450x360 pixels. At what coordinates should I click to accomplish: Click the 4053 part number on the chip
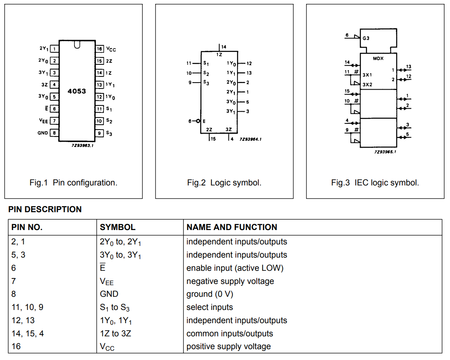point(77,91)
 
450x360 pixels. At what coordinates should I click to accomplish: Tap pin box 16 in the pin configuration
point(100,49)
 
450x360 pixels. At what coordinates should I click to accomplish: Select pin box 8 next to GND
point(54,133)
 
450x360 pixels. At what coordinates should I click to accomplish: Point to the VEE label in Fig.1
point(43,121)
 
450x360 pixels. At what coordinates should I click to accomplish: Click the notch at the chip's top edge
point(77,45)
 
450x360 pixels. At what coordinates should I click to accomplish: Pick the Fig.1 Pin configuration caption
point(73,182)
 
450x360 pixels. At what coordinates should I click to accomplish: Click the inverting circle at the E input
point(198,121)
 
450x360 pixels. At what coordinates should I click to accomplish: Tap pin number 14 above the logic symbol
point(223,47)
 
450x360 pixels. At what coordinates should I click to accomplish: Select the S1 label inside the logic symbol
point(206,63)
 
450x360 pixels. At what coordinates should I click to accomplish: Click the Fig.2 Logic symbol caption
point(224,182)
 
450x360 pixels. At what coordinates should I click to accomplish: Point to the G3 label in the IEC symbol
point(366,38)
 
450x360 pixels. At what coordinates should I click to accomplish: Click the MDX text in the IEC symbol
point(378,58)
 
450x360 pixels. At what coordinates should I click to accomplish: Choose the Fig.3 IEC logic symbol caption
point(375,182)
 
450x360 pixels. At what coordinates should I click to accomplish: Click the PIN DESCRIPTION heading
point(45,209)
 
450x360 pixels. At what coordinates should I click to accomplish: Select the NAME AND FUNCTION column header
point(232,227)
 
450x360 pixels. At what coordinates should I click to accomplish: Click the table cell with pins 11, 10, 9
point(28,307)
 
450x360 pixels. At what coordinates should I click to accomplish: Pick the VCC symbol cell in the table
point(107,347)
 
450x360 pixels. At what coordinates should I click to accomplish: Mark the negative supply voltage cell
point(230,281)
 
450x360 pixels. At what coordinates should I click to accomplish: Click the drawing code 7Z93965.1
point(385,152)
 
